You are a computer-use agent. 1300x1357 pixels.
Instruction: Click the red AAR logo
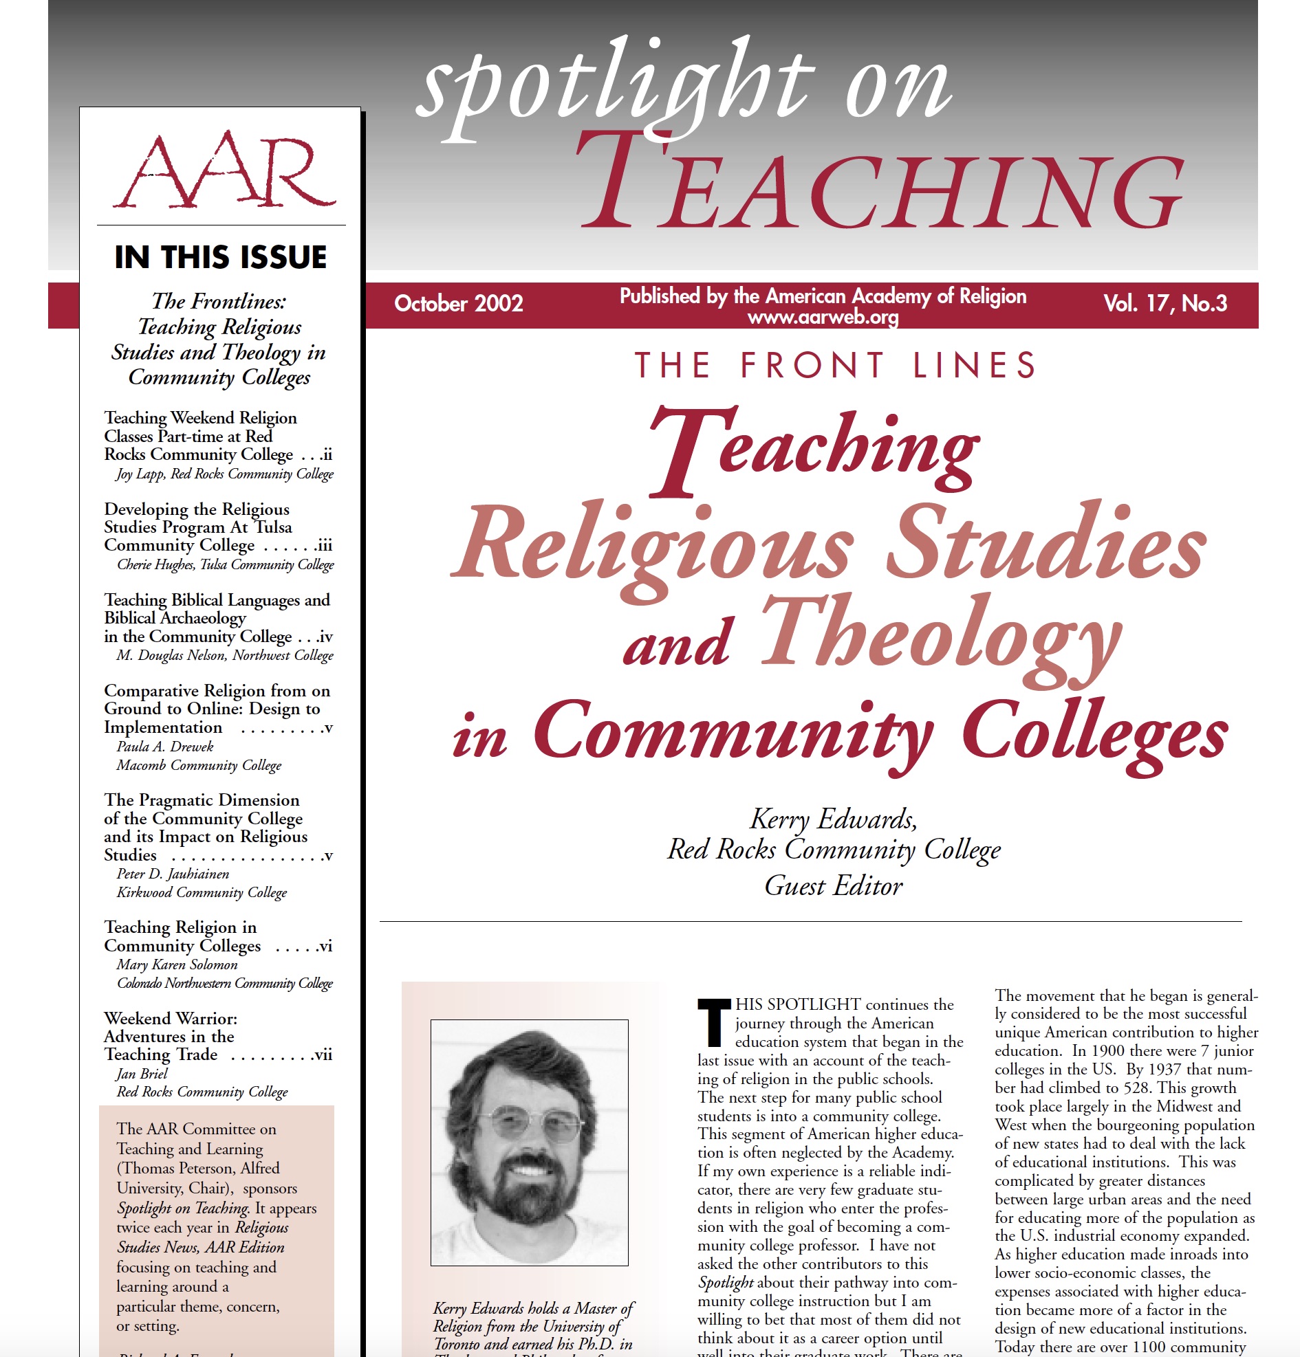[x=224, y=171]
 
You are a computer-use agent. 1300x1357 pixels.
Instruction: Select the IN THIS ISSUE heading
[x=220, y=258]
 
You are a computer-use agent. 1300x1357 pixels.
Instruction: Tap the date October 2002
[x=458, y=303]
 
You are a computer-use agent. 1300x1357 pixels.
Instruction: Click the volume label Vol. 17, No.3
[x=1164, y=303]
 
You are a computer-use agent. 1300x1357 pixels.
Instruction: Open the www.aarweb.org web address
[x=822, y=318]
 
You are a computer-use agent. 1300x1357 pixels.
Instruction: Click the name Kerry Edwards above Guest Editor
[x=832, y=819]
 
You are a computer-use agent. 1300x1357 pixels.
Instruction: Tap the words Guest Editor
[x=832, y=886]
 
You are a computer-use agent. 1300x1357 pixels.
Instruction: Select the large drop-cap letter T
[x=713, y=1022]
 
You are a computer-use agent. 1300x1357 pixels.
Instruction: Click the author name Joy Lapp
[x=140, y=474]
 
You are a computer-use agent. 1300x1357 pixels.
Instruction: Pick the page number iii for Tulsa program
[x=323, y=547]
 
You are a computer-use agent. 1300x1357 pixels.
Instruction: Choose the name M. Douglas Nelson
[x=171, y=656]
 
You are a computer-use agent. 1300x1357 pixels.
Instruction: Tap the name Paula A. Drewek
[x=165, y=747]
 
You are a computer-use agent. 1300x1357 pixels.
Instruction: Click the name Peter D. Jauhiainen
[x=173, y=874]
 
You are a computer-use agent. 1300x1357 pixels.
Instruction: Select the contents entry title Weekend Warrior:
[x=171, y=1019]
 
